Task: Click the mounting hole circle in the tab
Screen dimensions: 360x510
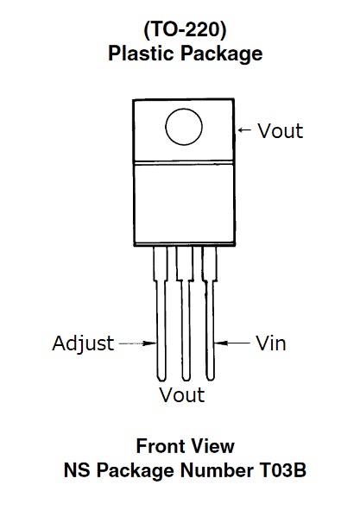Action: click(184, 109)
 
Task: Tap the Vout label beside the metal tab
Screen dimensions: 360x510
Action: click(281, 131)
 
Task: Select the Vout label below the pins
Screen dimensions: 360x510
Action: click(182, 395)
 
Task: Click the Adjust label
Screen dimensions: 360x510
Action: click(83, 344)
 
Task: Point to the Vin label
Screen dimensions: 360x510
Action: click(271, 343)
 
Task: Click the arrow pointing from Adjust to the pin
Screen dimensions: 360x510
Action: click(138, 343)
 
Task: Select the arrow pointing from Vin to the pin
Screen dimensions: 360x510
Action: click(232, 343)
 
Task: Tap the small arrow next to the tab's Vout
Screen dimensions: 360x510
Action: click(244, 130)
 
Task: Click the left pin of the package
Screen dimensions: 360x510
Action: click(161, 313)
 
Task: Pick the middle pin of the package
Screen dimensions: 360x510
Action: click(186, 313)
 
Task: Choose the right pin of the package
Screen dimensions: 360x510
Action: click(210, 313)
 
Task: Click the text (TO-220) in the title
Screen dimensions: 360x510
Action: click(185, 30)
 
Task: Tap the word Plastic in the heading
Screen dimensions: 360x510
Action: click(141, 53)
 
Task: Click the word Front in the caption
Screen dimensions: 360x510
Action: click(161, 446)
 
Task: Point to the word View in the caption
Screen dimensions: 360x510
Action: click(213, 446)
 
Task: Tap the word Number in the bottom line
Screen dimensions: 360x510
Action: click(217, 470)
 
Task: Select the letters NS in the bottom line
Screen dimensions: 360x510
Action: click(77, 470)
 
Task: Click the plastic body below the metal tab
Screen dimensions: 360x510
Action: click(184, 204)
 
